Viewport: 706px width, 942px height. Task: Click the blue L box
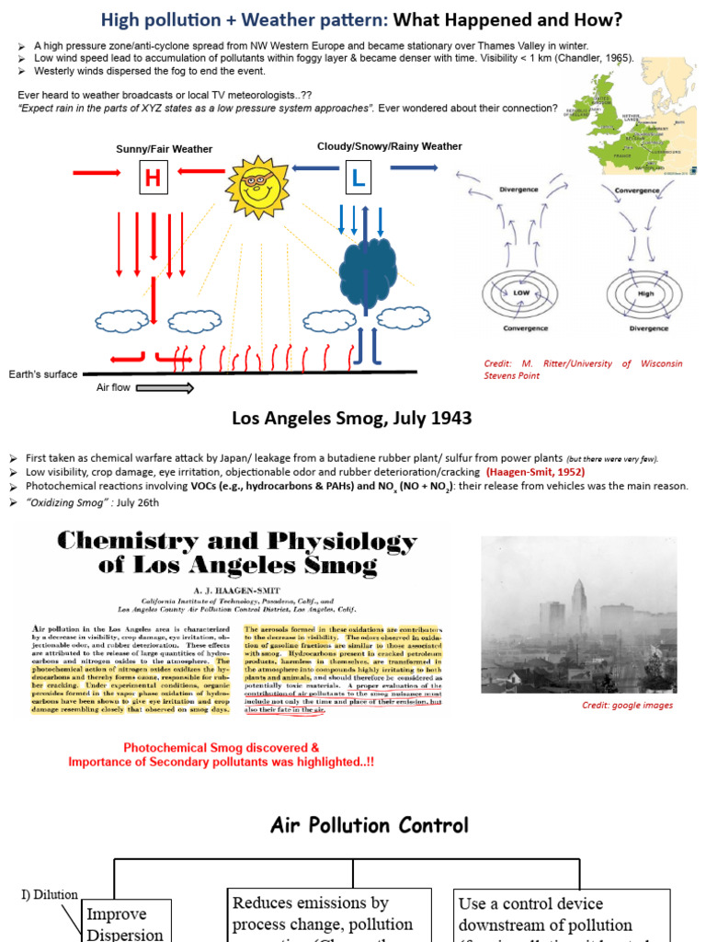click(x=358, y=179)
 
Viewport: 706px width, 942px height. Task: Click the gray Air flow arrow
click(x=167, y=388)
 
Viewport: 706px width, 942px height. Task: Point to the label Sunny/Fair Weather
click(x=164, y=149)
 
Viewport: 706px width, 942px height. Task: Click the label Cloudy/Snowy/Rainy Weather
click(x=389, y=146)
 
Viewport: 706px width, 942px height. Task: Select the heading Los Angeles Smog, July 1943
click(x=352, y=419)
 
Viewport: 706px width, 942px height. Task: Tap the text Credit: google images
click(x=628, y=706)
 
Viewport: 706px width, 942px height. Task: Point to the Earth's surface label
click(x=43, y=374)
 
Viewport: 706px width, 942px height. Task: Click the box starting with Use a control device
click(x=547, y=914)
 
